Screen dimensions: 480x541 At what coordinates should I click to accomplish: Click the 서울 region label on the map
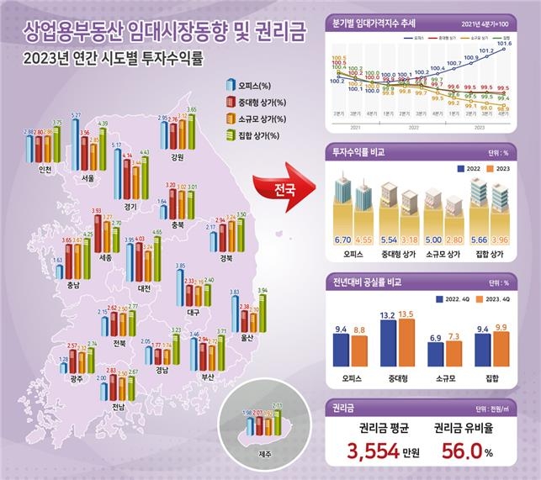pyautogui.click(x=85, y=177)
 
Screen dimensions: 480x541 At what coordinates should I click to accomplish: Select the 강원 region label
pyautogui.click(x=176, y=156)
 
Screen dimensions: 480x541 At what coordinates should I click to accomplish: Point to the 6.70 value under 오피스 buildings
pyautogui.click(x=344, y=239)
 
